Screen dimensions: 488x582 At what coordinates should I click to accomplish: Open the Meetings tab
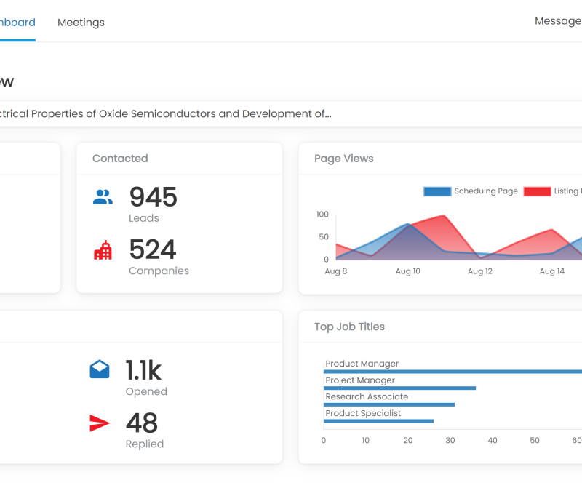[81, 23]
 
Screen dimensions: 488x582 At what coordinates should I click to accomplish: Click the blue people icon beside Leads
[103, 196]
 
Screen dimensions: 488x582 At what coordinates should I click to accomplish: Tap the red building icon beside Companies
[103, 250]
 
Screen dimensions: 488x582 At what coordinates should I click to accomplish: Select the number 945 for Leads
[153, 197]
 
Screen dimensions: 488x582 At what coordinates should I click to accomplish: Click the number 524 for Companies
[153, 250]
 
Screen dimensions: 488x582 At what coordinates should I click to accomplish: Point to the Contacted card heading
[120, 159]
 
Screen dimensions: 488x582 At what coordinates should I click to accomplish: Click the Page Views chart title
[343, 159]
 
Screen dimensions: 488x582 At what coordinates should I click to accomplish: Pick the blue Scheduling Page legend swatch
[436, 191]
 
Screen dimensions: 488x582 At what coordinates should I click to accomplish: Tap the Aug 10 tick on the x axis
[407, 271]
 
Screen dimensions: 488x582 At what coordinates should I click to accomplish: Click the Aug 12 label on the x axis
[480, 271]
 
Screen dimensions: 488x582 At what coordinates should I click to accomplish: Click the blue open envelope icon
[100, 369]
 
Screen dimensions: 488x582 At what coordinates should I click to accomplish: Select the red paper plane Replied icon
[100, 423]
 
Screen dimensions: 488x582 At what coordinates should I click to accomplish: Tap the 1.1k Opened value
[143, 370]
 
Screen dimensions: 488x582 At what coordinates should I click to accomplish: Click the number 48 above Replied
[142, 423]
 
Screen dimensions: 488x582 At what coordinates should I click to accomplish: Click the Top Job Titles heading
[349, 327]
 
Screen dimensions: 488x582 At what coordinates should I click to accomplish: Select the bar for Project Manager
[399, 388]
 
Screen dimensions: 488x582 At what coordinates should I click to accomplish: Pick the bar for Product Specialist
[378, 421]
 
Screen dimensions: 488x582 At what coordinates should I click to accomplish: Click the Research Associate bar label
[367, 397]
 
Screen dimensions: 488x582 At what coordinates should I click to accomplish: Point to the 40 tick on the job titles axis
[493, 440]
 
